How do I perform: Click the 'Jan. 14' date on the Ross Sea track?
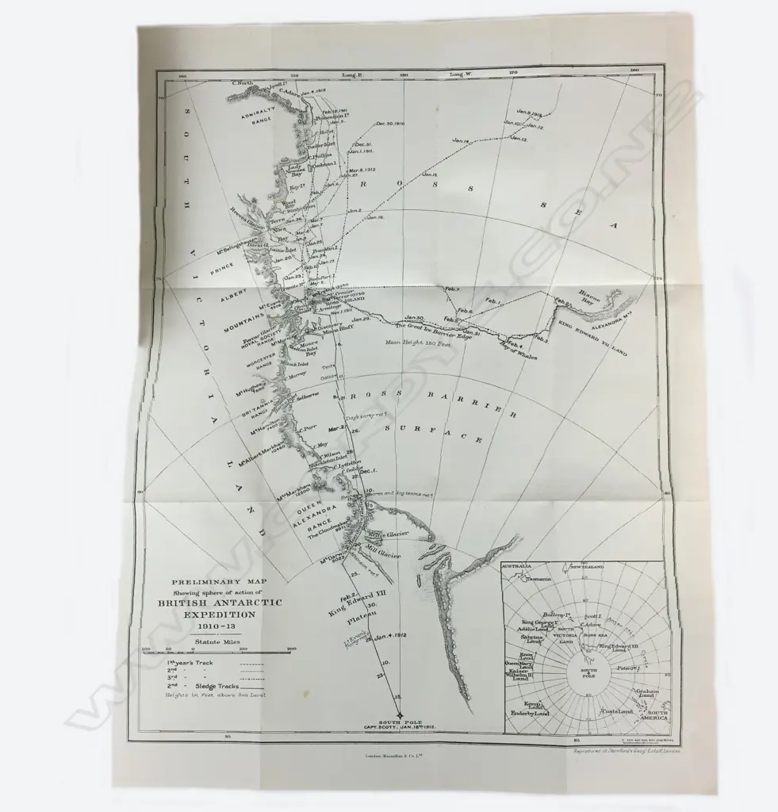[461, 141]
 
